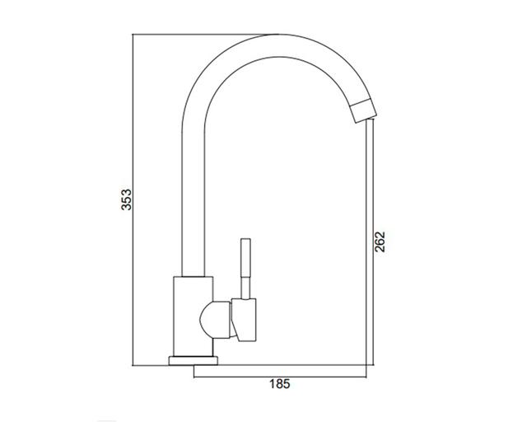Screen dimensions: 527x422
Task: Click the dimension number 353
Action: tap(127, 200)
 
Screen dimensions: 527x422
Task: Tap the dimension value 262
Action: tap(380, 241)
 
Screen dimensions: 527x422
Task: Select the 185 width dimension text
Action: tap(280, 384)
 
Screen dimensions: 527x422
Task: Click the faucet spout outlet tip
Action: tap(363, 110)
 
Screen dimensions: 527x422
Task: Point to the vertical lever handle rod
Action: tap(245, 269)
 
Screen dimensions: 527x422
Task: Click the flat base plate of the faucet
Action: tap(193, 361)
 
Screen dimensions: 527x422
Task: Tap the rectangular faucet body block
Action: tap(193, 316)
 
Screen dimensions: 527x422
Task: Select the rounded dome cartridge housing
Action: tap(216, 320)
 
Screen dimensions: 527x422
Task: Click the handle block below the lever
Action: tap(244, 320)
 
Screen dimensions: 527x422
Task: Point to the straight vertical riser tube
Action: tap(193, 202)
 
